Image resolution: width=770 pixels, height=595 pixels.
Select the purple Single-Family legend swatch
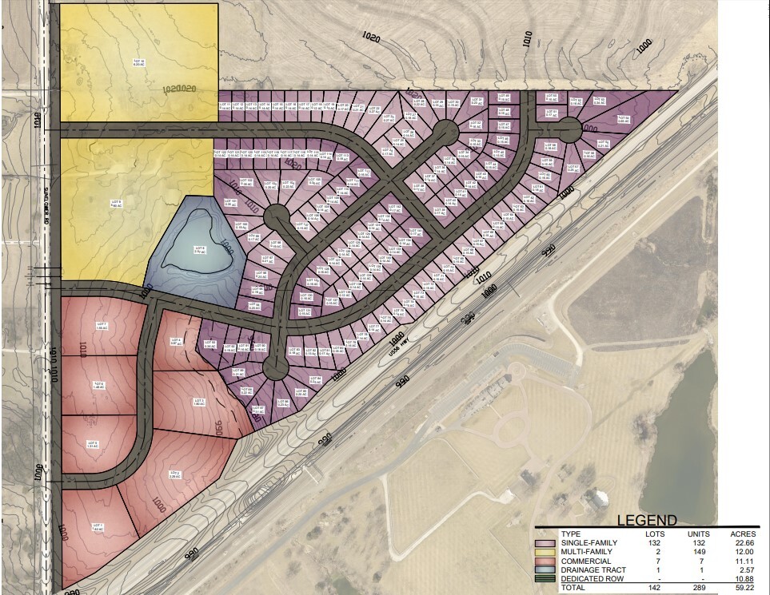click(x=547, y=542)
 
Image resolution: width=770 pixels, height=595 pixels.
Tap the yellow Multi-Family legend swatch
click(x=547, y=552)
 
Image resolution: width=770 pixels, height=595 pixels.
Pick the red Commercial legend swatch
click(x=547, y=561)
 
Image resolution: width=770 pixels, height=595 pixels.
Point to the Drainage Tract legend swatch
click(x=547, y=569)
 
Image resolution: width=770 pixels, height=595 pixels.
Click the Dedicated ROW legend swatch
click(x=547, y=578)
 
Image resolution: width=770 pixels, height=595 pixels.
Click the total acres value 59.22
click(x=742, y=587)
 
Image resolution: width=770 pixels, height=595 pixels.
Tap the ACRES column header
click(x=740, y=533)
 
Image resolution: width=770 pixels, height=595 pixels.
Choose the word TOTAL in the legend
click(x=572, y=587)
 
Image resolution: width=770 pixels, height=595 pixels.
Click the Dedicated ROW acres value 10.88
click(x=742, y=578)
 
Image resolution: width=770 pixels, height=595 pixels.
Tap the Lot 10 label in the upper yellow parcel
click(x=138, y=61)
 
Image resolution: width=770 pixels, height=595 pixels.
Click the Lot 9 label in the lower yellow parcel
click(x=116, y=203)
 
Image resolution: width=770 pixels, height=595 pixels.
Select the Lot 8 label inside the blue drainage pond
click(x=199, y=249)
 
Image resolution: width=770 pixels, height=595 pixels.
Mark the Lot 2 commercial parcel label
click(x=175, y=474)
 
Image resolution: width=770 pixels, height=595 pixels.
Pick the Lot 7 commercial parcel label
click(x=102, y=326)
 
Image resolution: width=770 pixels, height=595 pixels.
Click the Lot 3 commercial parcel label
click(x=199, y=401)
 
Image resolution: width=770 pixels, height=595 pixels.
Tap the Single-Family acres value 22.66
click(x=742, y=542)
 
